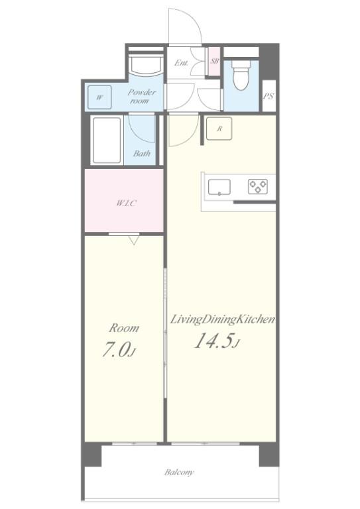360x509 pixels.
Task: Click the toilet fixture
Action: coord(240,75)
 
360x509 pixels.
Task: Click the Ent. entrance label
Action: coord(181,64)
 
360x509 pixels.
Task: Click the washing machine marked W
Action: coord(99,97)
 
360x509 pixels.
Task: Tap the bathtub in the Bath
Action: coord(106,140)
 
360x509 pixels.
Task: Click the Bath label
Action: coord(141,153)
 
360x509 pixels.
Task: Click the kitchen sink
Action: coord(219,187)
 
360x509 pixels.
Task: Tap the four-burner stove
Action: coord(258,187)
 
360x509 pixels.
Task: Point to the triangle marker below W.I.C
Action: coord(134,240)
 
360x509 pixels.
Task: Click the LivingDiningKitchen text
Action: coord(223,319)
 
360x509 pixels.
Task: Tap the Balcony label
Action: coord(179,473)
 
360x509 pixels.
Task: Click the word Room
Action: coord(124,328)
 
